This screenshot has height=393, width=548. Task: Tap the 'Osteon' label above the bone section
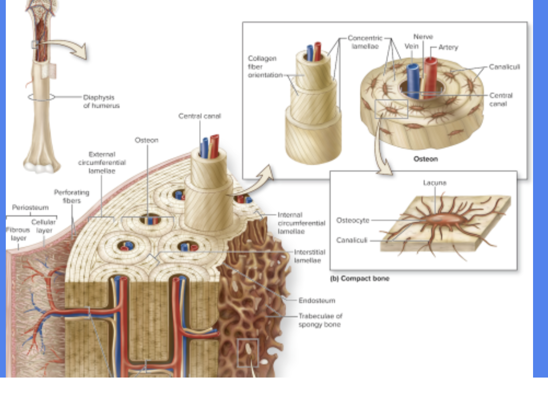pos(146,140)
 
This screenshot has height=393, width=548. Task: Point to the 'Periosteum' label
pos(30,208)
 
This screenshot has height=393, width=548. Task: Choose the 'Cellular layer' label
pos(43,226)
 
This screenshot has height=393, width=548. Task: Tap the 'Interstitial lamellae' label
pos(309,256)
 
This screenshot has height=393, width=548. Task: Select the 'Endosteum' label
pos(316,300)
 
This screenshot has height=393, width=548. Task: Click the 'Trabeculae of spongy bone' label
pos(319,320)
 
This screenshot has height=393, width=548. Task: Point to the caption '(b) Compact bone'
pos(359,279)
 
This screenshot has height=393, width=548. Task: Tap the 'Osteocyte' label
pos(353,220)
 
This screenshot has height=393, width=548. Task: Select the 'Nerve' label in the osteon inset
pos(423,37)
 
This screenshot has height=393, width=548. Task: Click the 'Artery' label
pos(448,47)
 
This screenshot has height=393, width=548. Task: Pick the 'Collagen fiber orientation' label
pos(265,67)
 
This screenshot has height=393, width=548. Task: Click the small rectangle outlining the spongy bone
pos(248,352)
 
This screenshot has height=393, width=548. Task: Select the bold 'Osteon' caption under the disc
pos(426,158)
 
